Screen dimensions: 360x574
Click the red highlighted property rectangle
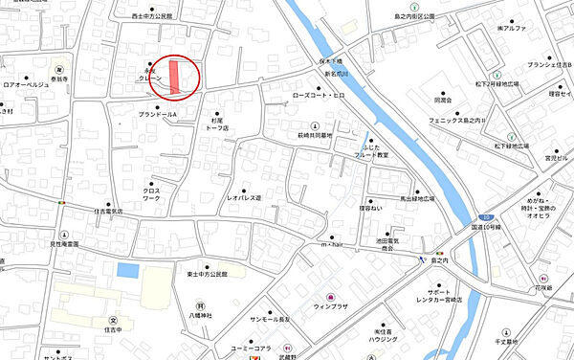pos(174,78)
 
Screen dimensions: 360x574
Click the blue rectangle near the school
pos(127,271)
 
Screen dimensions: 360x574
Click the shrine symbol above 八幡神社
pos(201,304)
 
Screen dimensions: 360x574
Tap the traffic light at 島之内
pos(438,250)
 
